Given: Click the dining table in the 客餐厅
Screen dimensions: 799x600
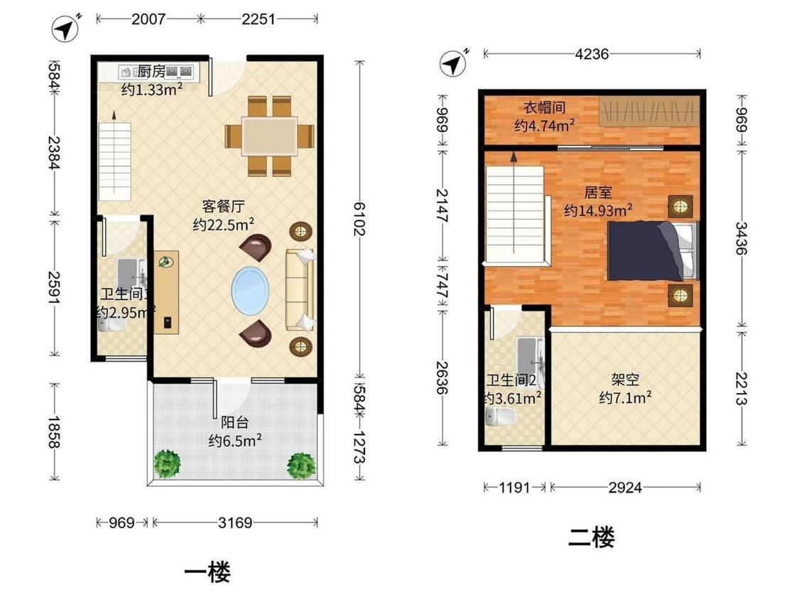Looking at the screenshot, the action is point(270,136).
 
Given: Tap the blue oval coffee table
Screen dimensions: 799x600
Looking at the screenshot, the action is point(250,290).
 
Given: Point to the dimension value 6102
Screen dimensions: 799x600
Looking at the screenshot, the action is point(360,219).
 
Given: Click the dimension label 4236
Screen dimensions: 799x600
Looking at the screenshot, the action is point(592,53).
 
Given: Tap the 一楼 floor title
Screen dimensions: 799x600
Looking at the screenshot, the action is point(207,572).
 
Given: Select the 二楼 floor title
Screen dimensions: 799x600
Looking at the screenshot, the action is point(591,537).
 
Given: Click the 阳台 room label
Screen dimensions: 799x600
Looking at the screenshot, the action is point(235,422).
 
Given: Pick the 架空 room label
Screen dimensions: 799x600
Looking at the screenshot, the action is point(625,380).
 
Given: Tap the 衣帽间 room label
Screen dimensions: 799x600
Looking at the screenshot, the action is point(545,107).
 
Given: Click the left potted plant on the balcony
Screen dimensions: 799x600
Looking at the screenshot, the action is point(167,464).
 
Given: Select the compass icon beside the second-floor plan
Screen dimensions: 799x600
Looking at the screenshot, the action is point(454,63).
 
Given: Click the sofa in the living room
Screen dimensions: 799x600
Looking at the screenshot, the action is point(300,290).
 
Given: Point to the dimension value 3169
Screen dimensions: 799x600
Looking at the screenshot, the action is point(235,523).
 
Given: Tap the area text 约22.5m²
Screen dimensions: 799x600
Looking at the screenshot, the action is point(223,224).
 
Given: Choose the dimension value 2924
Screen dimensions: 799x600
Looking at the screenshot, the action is point(625,487).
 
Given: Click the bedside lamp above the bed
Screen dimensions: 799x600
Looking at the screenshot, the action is point(680,207).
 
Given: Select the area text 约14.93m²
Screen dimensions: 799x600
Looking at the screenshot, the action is point(598,210).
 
